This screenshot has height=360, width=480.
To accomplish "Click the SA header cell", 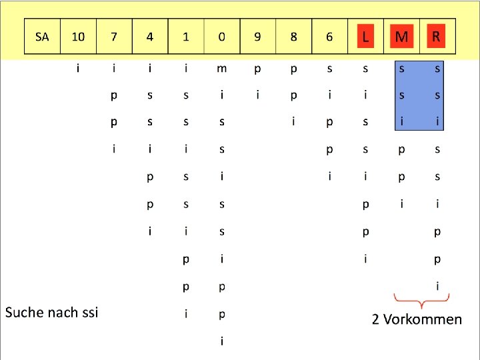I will coord(42,37).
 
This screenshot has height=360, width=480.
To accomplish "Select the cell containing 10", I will coord(78,37).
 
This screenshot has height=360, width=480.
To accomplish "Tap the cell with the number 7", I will coord(114,37).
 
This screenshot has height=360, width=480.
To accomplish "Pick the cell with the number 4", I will coord(150,37).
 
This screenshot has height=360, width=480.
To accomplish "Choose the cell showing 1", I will coord(186,37).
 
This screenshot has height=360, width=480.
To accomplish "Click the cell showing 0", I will coord(222,37).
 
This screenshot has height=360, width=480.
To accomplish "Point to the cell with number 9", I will coord(258,37).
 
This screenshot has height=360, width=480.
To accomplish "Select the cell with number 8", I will coord(294,37).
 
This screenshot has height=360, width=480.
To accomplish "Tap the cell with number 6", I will coord(329,37).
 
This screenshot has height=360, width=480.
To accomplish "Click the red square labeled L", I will coord(365,37).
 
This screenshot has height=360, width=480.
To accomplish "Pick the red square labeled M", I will coord(401,37).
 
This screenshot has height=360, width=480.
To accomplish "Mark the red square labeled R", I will coord(437,36).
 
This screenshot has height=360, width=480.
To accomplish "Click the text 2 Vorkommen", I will coord(417,319).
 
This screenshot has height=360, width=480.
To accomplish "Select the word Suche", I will coord(25,312).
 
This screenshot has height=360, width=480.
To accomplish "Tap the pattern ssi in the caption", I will coord(86,312).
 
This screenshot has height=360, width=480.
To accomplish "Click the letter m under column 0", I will coord(222,69).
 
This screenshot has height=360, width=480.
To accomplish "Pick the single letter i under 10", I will coord(79,69).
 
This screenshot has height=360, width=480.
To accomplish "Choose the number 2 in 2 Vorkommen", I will coord(376,319).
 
